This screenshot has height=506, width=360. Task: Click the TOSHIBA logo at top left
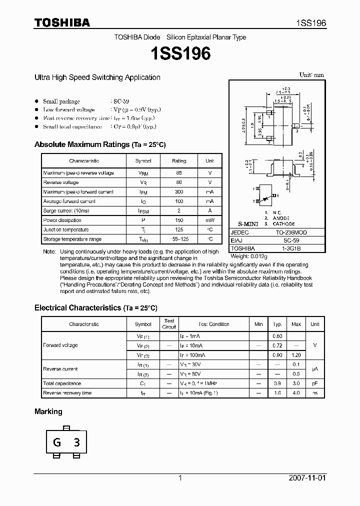[x=62, y=23]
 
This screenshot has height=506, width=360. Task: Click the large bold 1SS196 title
[x=180, y=54]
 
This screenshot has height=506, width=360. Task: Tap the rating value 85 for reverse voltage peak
[x=178, y=173]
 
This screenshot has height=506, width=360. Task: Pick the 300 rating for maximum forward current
[x=178, y=192]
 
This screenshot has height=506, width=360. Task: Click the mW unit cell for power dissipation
[x=210, y=220]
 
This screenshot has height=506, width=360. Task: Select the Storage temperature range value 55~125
[x=178, y=239]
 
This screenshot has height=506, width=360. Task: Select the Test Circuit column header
[x=169, y=324]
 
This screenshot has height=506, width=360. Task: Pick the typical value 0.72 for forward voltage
[x=277, y=346]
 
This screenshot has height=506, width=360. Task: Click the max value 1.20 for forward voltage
[x=296, y=355]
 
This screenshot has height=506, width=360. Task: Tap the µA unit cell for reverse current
[x=314, y=369]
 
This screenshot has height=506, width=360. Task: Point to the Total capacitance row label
[x=62, y=383]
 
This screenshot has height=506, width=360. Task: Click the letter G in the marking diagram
[x=57, y=442]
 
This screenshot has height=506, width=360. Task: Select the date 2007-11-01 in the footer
[x=307, y=478]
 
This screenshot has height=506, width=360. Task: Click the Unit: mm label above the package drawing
[x=311, y=75]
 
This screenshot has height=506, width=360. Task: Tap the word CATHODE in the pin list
[x=283, y=223]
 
